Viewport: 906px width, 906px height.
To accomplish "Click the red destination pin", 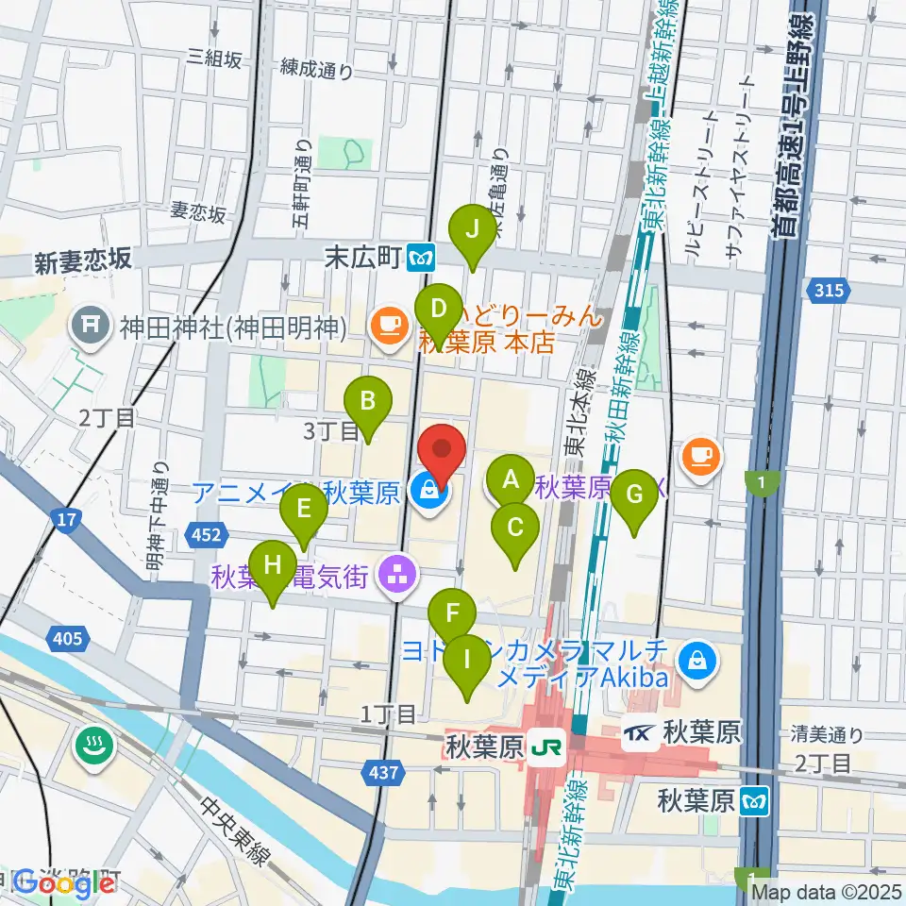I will coord(441,449).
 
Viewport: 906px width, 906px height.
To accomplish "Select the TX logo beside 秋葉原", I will coord(640,731).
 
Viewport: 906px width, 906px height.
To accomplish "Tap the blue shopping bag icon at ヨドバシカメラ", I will coord(696,653).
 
